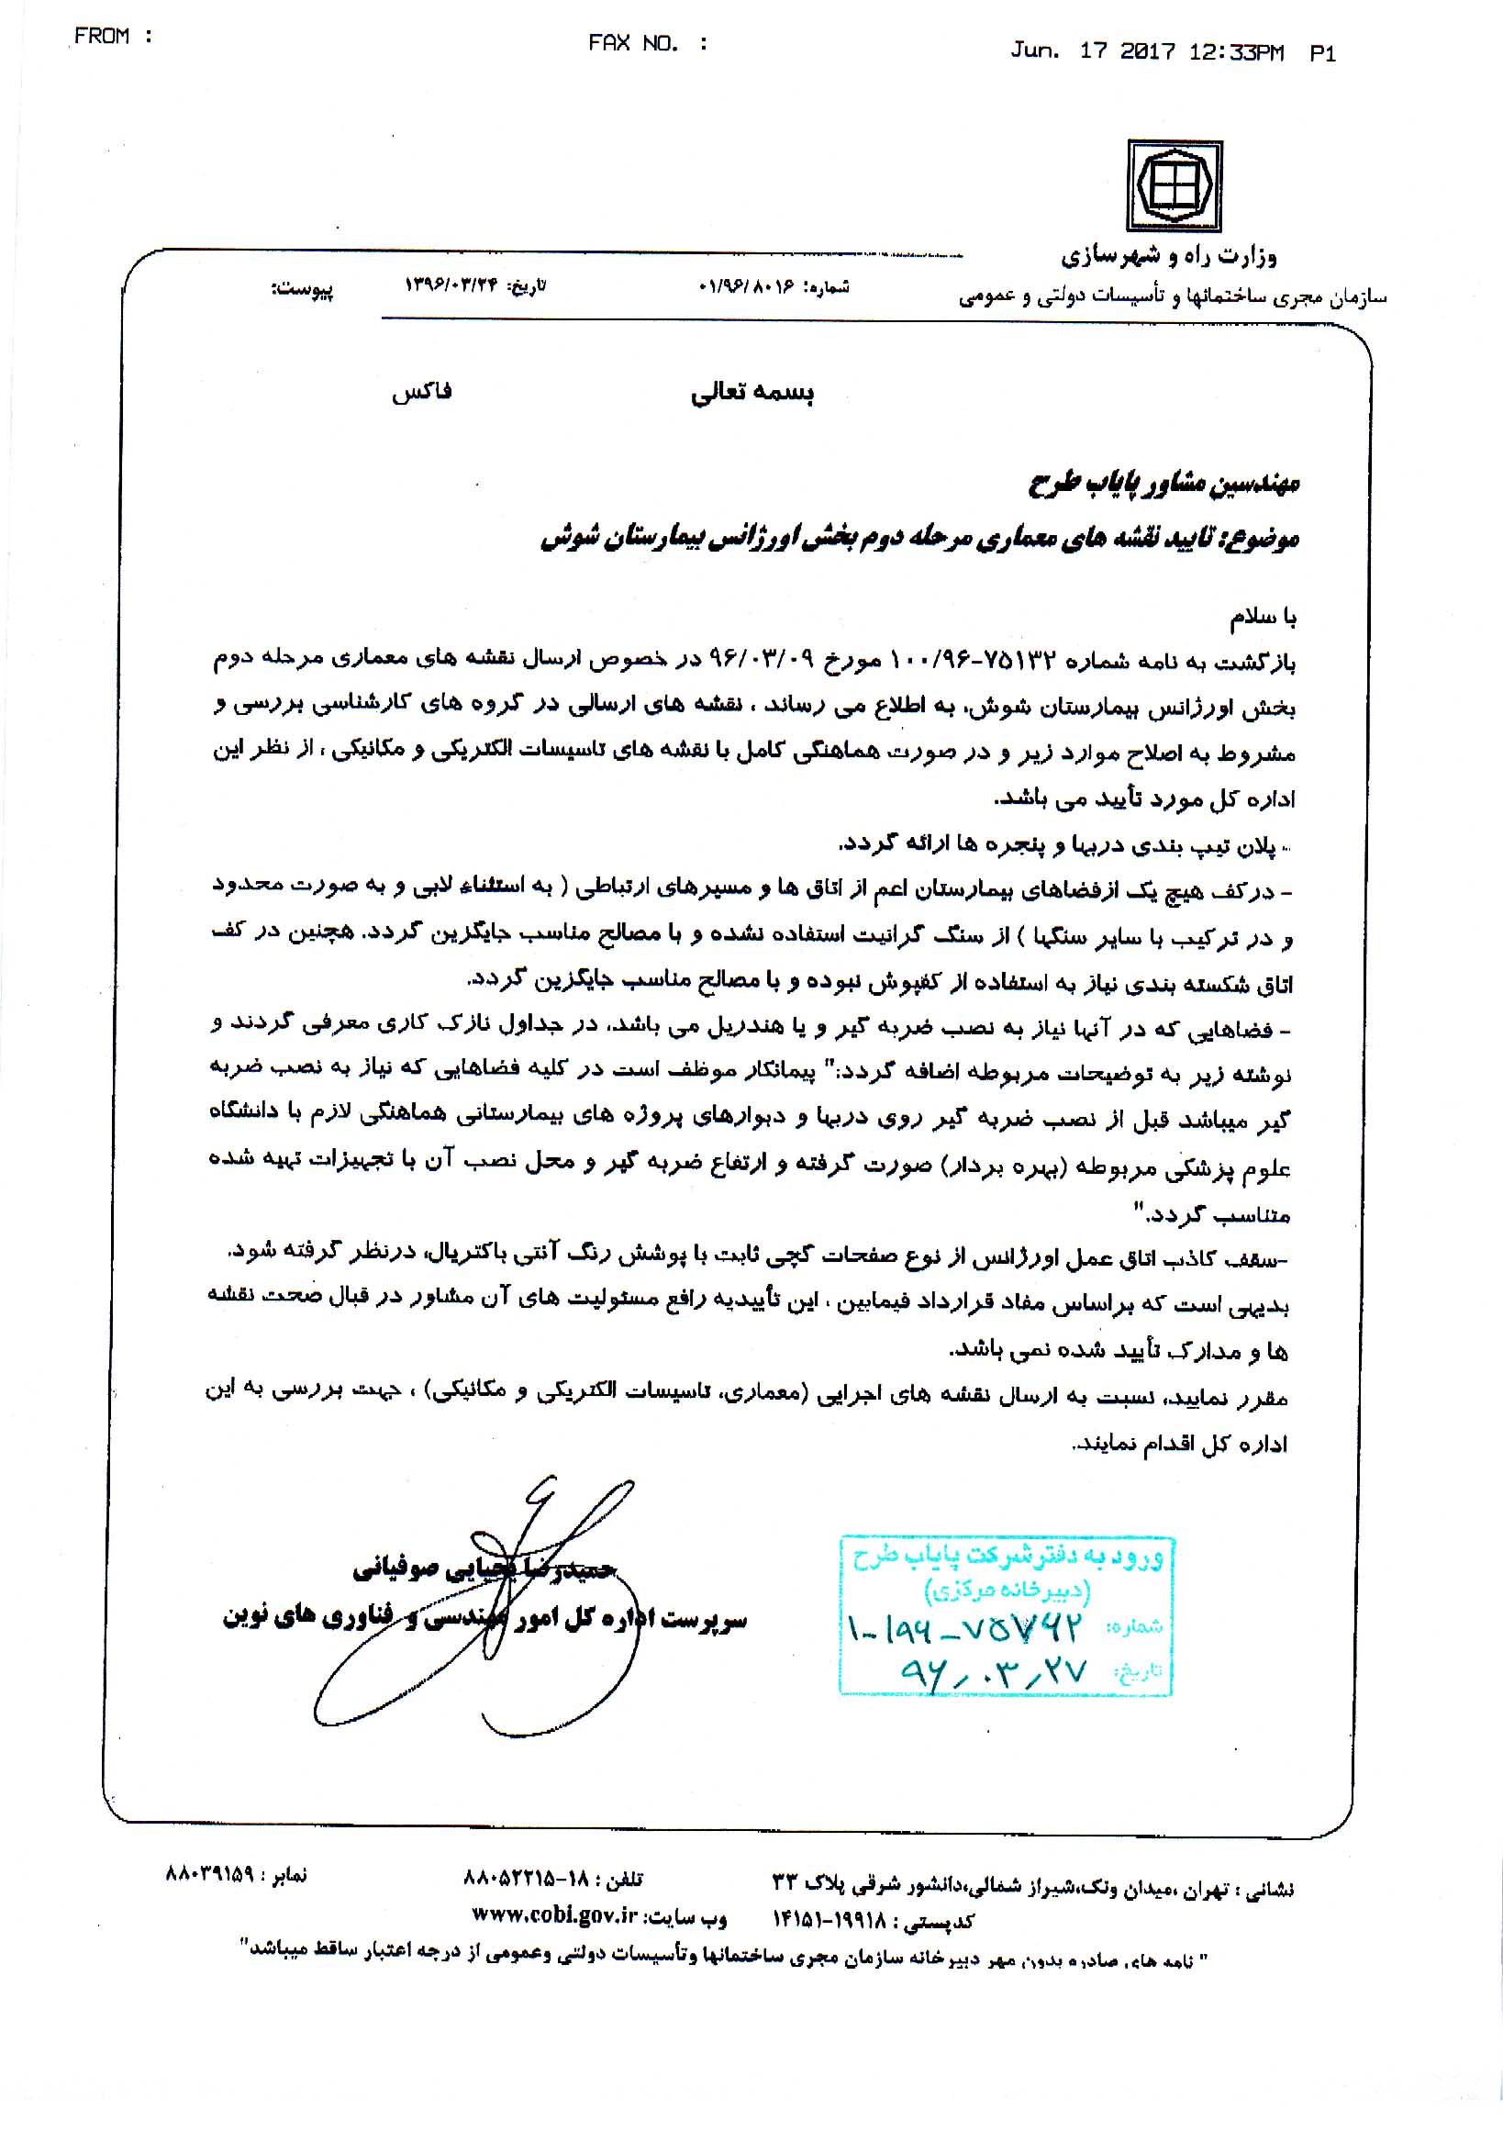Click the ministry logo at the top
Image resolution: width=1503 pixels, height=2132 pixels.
click(1174, 185)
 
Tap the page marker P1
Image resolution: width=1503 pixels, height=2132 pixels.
click(1323, 54)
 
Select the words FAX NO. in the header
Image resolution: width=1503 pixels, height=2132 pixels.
click(633, 44)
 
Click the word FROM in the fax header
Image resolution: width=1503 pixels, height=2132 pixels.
click(101, 36)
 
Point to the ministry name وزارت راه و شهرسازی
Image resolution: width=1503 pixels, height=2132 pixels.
click(1169, 255)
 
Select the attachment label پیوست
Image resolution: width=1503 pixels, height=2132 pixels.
click(302, 290)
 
